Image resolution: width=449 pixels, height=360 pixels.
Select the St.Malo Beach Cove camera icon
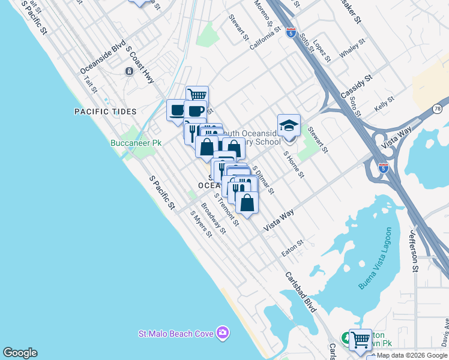[223, 332]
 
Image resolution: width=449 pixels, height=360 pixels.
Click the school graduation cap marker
[289, 126]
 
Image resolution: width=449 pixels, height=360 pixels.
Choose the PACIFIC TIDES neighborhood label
[106, 112]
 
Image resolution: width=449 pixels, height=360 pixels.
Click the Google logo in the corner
[20, 353]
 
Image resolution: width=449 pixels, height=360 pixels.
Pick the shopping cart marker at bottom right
[360, 340]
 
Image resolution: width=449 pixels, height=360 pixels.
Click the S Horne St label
[294, 165]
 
